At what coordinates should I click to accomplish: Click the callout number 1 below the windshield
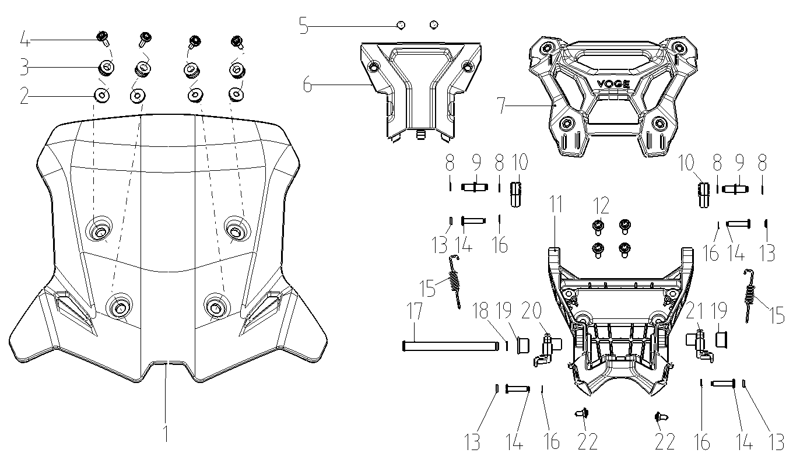click(x=166, y=433)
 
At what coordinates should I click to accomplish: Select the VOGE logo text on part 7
click(x=613, y=85)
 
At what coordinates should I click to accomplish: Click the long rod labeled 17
click(x=450, y=346)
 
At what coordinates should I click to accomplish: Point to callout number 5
click(x=304, y=26)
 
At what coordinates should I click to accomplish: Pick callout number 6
click(x=307, y=85)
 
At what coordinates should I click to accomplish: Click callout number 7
click(x=502, y=106)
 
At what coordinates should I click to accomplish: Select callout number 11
click(x=556, y=204)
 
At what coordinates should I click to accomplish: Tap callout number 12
click(x=601, y=205)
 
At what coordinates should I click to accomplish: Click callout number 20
click(x=531, y=310)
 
